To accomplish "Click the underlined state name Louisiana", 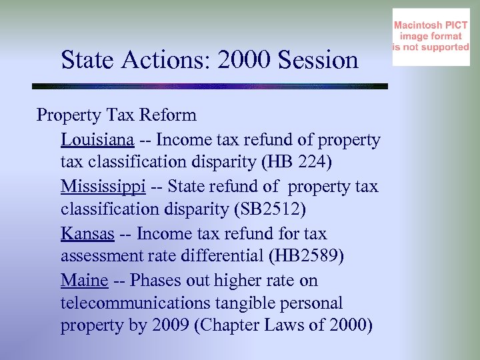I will [x=98, y=140].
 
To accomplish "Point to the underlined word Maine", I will [x=84, y=281].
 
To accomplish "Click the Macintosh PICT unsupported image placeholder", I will [x=431, y=37].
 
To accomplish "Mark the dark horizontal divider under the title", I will [x=210, y=86].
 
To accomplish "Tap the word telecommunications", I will [x=135, y=304].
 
